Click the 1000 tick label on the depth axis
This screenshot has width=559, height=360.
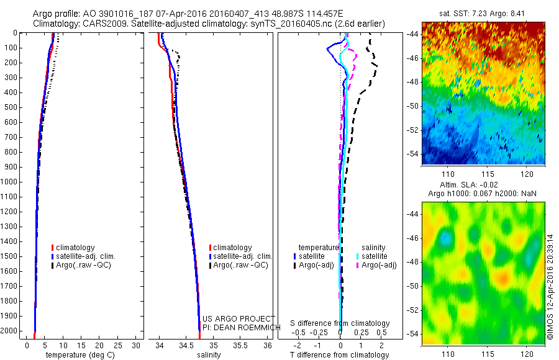point(10,182)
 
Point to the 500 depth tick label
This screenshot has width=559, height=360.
point(12,107)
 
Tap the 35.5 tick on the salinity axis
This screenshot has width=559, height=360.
point(240,345)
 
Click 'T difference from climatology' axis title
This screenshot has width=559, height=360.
point(339,355)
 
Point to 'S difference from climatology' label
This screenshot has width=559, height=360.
point(340,323)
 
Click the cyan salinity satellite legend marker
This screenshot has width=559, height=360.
point(358,256)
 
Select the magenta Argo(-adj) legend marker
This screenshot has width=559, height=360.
point(358,265)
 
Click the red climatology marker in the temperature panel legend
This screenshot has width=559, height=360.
point(53,248)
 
